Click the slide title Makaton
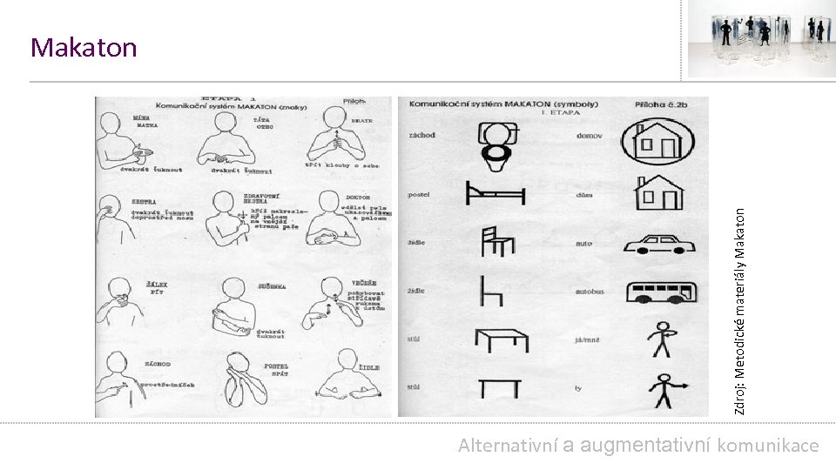(x=84, y=48)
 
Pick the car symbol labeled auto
(x=660, y=243)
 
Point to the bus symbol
(x=660, y=293)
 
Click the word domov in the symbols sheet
(x=590, y=136)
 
